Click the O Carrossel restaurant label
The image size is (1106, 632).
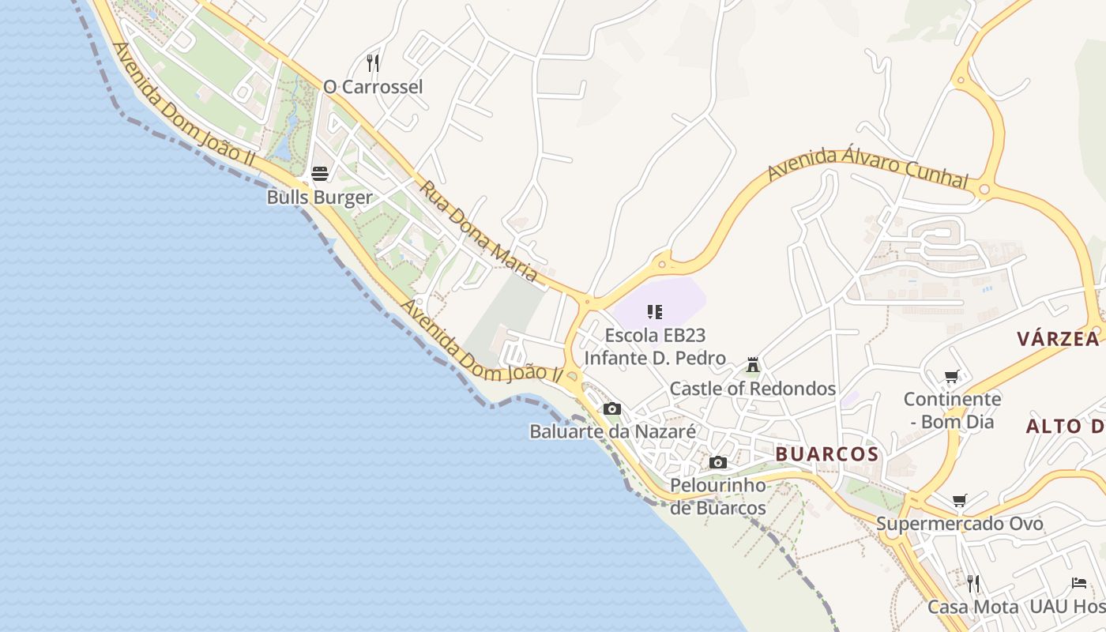point(373,87)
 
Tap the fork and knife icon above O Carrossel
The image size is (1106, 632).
point(373,62)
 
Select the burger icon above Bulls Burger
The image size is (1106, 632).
point(319,173)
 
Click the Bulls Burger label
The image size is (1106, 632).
point(319,197)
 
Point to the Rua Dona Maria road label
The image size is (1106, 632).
point(478,232)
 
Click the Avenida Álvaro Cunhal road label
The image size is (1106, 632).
point(867,167)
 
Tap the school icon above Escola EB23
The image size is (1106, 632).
point(654,312)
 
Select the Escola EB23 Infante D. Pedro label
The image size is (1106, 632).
point(654,347)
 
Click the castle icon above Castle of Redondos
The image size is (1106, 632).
point(752,365)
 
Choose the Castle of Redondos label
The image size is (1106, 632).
point(752,389)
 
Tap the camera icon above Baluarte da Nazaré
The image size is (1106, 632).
point(611,408)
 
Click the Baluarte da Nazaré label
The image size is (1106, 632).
point(612,431)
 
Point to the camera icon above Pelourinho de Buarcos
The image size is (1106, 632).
point(717,462)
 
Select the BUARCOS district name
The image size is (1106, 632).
point(826,454)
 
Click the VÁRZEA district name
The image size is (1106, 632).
point(1058,339)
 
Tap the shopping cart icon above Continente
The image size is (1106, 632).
point(952,376)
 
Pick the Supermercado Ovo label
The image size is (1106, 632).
point(959,524)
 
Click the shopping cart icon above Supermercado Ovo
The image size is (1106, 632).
point(959,500)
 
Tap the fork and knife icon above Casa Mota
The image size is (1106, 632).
point(972,584)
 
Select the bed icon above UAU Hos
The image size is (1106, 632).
point(1079,583)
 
